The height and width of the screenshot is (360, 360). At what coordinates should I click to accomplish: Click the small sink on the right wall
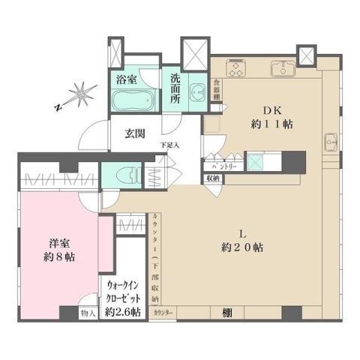(x=331, y=140)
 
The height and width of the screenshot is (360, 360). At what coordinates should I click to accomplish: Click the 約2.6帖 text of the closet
(x=122, y=311)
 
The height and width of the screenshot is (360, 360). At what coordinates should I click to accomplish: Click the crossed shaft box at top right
(x=307, y=57)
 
